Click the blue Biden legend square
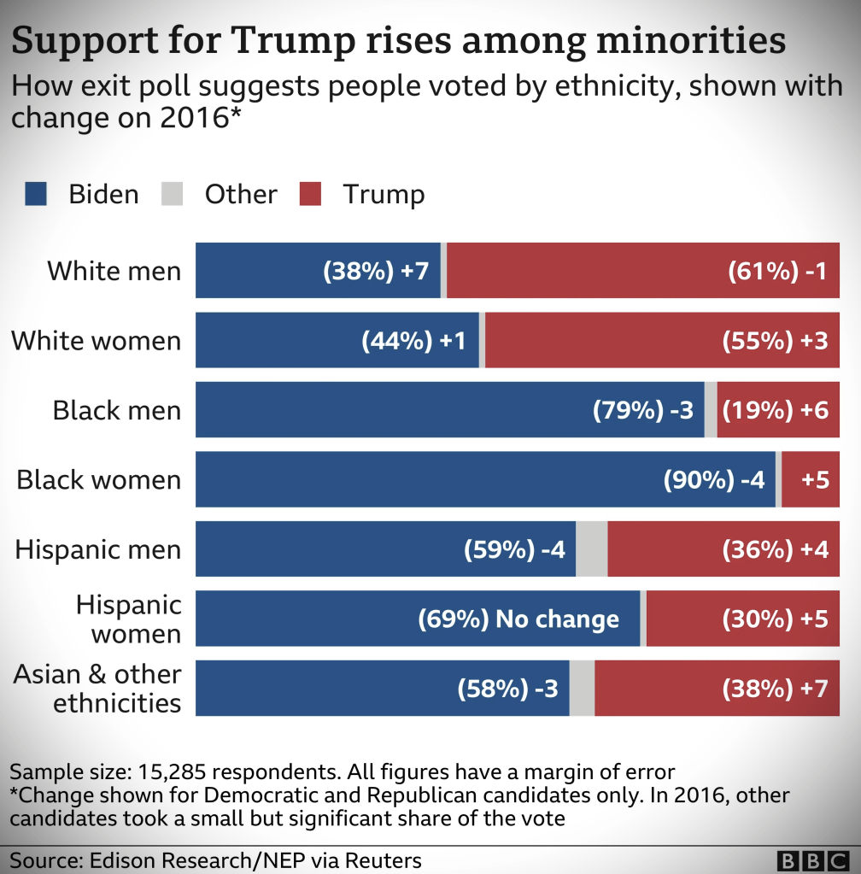coord(36,195)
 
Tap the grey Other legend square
coord(172,195)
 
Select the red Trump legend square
coord(310,195)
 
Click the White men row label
coord(114,271)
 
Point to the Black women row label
coord(99,479)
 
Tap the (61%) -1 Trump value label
coord(777,272)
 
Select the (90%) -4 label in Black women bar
coord(714,480)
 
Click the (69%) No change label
coord(518,619)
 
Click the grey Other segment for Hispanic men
coord(592,549)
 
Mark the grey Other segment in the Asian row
coord(582,689)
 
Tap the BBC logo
coord(812,860)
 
